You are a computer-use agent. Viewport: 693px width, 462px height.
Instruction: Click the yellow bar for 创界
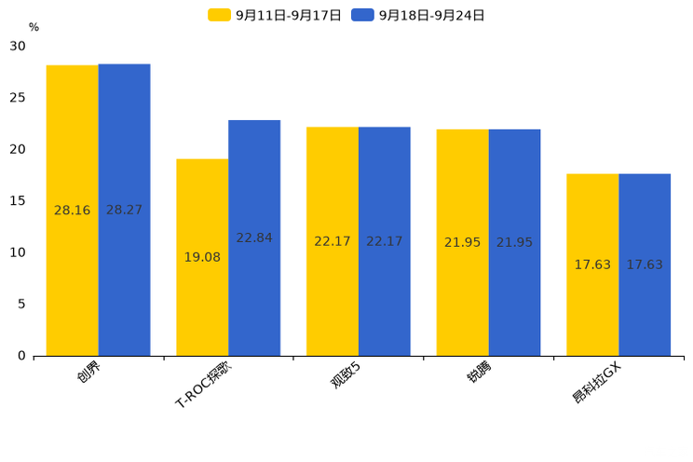point(73,211)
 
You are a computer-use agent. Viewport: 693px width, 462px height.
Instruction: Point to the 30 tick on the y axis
point(18,46)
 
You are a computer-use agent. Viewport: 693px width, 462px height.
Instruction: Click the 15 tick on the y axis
point(18,200)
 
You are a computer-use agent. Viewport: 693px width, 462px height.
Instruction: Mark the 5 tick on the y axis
point(21,304)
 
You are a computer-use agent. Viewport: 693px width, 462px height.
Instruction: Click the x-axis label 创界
point(88,374)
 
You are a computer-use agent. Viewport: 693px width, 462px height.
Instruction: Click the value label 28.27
point(124,211)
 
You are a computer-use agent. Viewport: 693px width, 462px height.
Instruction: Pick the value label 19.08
point(202,257)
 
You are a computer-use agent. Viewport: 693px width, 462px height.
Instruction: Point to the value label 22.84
point(254,238)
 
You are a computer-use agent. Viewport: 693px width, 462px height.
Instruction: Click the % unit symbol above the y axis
point(34,27)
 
